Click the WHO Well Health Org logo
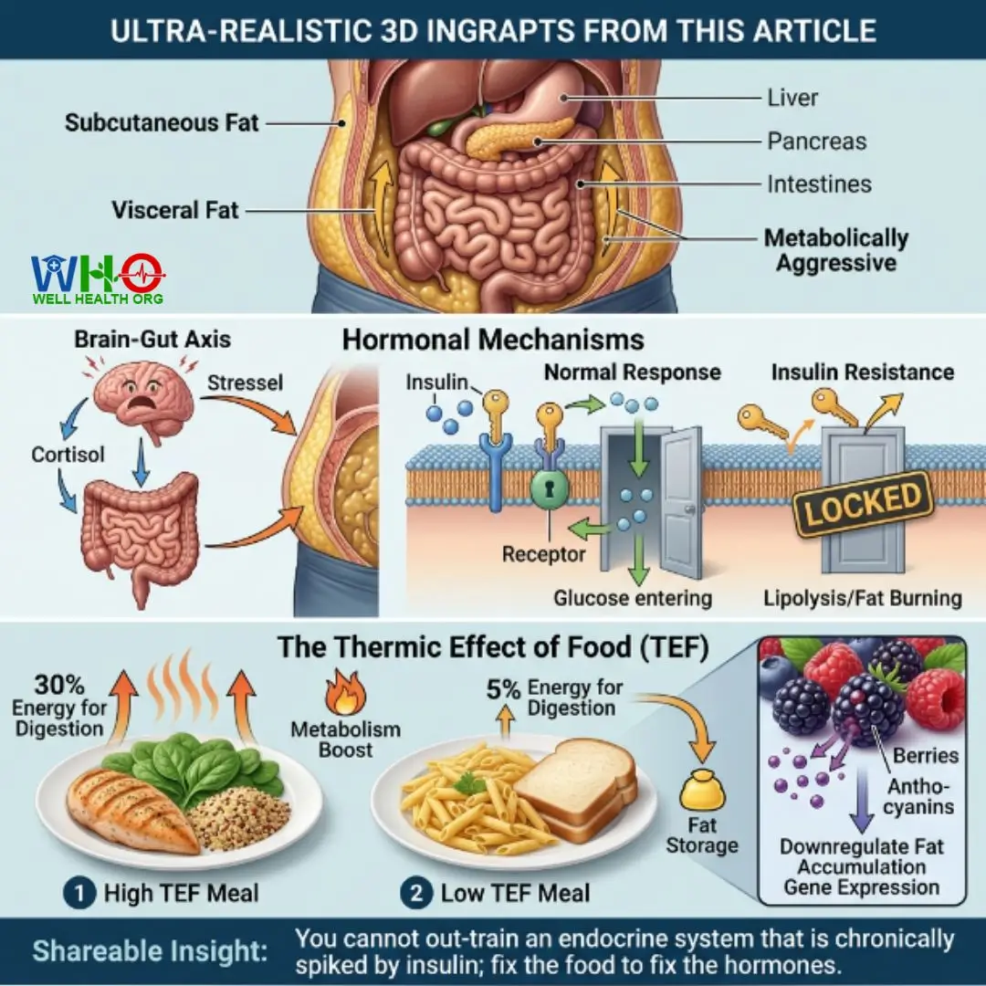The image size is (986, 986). click(98, 278)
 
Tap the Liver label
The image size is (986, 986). click(792, 98)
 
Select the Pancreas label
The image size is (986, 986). click(816, 142)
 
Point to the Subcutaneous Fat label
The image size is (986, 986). click(162, 122)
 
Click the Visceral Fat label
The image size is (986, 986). click(174, 210)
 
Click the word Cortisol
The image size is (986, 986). click(68, 454)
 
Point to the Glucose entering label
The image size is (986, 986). click(633, 597)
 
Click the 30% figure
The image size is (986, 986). click(59, 685)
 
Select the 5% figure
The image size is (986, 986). click(503, 690)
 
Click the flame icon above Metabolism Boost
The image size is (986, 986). click(345, 692)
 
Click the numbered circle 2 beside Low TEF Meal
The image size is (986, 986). click(416, 893)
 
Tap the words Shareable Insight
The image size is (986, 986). click(150, 950)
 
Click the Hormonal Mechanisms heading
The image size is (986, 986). click(493, 340)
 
